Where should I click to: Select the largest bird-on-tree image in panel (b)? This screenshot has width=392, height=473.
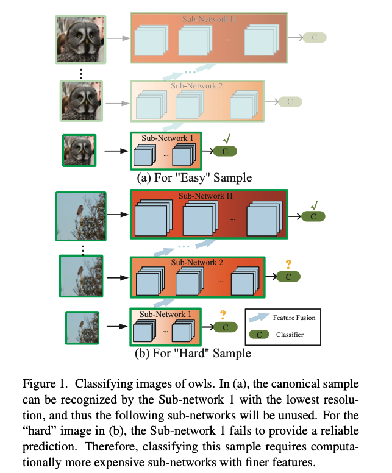pos(80,217)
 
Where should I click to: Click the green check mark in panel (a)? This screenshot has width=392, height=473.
pos(226,138)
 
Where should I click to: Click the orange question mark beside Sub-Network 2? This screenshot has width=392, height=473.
pos(288,263)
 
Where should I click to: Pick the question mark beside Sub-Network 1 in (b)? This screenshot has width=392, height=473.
pos(223,315)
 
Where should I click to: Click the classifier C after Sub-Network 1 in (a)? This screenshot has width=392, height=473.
pos(225,151)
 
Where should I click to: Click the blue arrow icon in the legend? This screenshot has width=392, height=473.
pos(260,318)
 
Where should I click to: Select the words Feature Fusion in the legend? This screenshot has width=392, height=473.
pos(295,318)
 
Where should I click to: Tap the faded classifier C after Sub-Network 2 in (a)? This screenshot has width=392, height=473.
pos(290,102)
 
